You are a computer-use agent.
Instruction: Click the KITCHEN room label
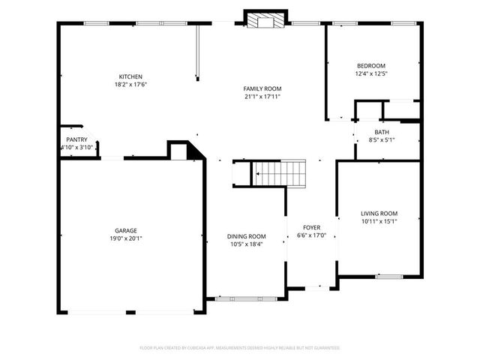point(130,76)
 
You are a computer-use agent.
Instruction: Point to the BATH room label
point(381,132)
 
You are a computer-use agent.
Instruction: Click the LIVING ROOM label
point(379,213)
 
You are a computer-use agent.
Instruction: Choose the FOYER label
point(311,227)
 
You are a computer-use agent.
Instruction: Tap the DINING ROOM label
point(247,236)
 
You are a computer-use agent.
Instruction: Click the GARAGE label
point(126,230)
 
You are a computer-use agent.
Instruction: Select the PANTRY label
point(76,139)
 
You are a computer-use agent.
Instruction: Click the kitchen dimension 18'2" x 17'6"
point(130,85)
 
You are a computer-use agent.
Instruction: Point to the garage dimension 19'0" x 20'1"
point(126,238)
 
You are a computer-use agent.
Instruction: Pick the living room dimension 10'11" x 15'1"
point(379,221)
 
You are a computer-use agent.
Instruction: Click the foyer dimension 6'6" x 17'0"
point(311,235)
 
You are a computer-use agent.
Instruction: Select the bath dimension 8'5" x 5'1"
point(381,140)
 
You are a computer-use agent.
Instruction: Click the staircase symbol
point(279,172)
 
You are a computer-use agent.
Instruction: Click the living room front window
point(388,276)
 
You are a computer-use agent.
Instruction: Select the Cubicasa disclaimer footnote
point(240,348)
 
